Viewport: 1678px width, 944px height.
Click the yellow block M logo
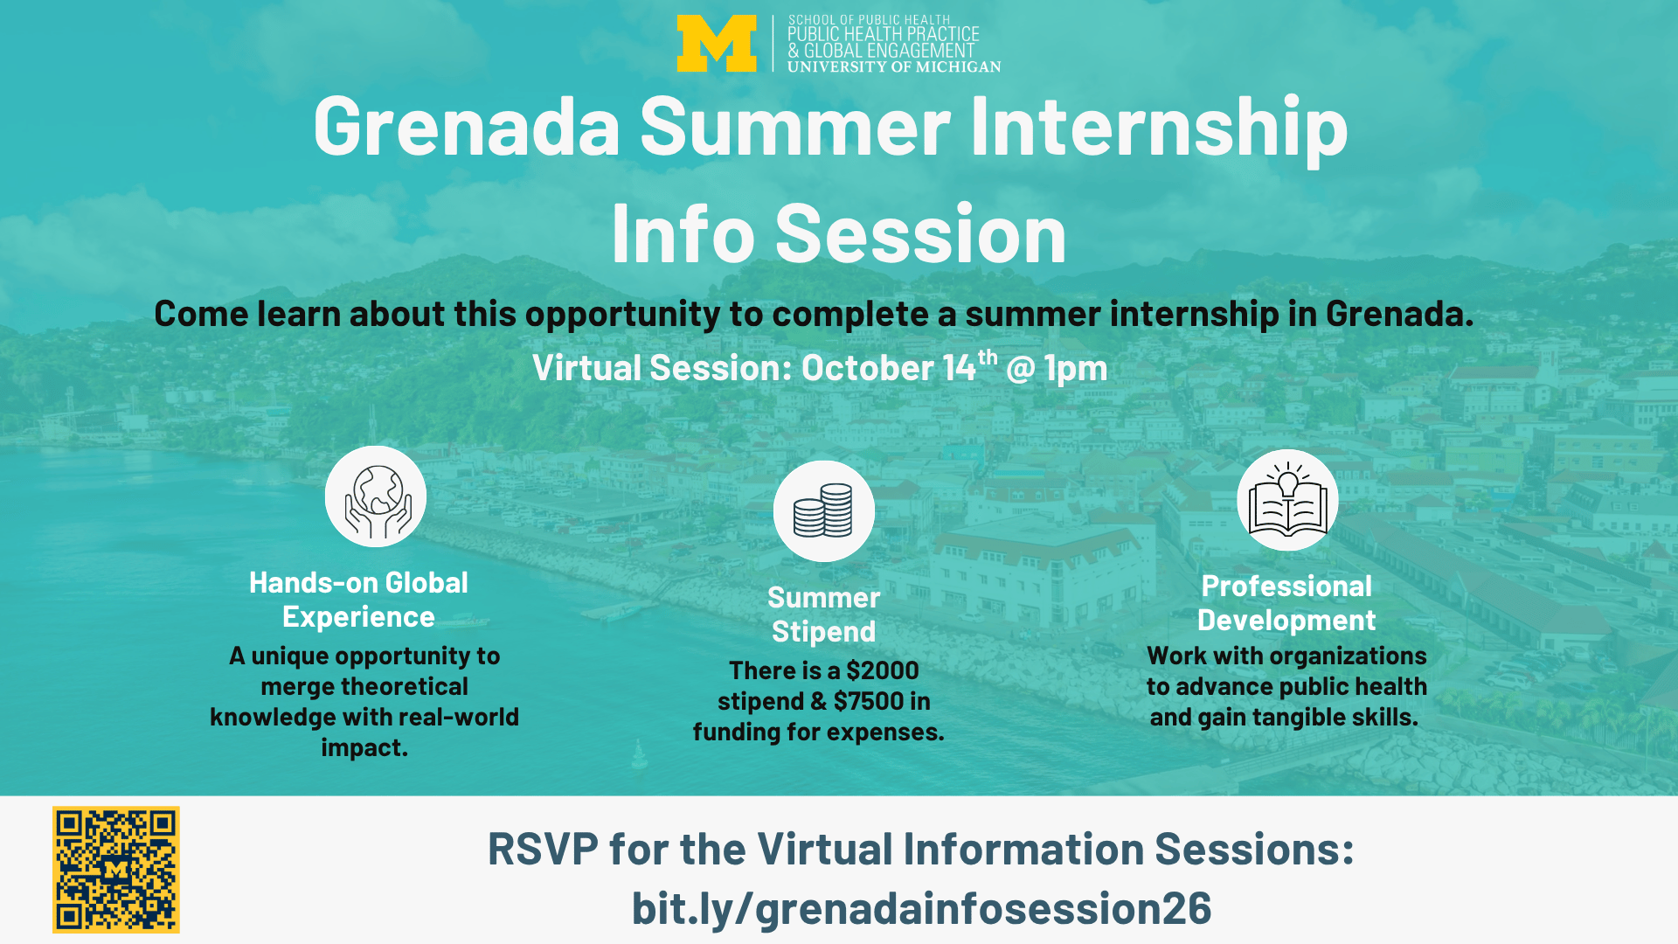[x=717, y=44]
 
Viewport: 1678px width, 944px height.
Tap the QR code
[x=116, y=870]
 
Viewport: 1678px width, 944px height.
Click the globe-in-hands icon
[x=376, y=496]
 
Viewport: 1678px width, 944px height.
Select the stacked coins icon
[x=824, y=511]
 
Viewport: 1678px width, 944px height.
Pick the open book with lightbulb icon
[x=1287, y=500]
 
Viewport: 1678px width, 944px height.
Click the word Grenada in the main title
[x=467, y=127]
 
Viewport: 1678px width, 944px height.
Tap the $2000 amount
[x=883, y=670]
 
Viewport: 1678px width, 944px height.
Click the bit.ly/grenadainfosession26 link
[x=922, y=908]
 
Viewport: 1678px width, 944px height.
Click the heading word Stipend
[x=823, y=631]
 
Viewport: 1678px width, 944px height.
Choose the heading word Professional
[x=1286, y=586]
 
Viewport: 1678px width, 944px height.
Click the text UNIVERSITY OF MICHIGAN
[x=894, y=66]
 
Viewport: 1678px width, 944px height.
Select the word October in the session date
[x=867, y=368]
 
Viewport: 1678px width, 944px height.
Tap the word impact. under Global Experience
[x=364, y=748]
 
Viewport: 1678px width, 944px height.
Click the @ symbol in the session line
[x=1021, y=369]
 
